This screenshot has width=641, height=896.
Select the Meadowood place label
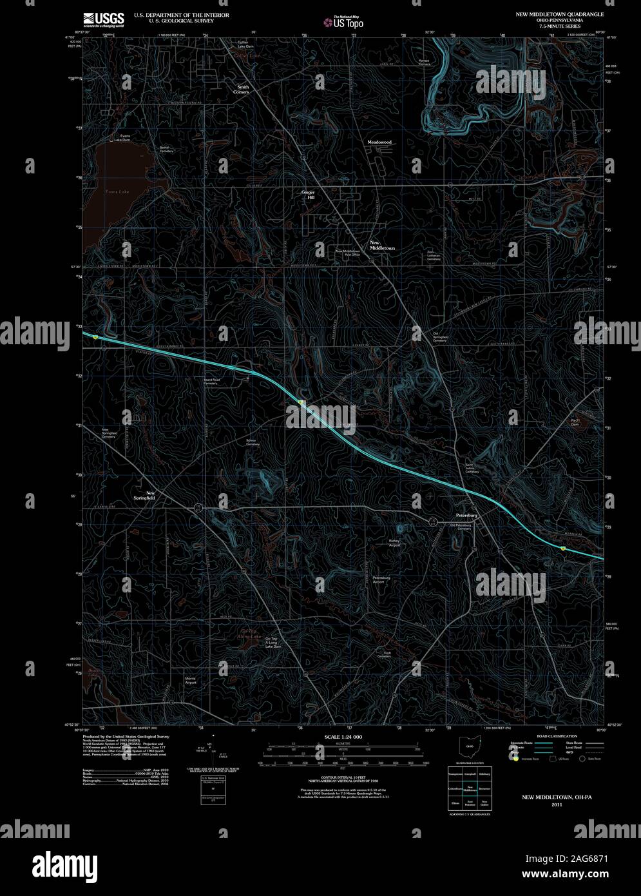point(379,141)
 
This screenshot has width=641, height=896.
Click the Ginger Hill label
point(309,195)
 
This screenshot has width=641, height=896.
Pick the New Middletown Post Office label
point(347,253)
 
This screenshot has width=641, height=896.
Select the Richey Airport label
point(394,543)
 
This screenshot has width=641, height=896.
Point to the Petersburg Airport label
point(382,579)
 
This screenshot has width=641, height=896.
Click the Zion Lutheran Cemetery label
point(434,255)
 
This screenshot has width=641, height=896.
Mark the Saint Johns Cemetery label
point(472,469)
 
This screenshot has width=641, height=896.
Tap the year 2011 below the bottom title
point(553,804)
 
